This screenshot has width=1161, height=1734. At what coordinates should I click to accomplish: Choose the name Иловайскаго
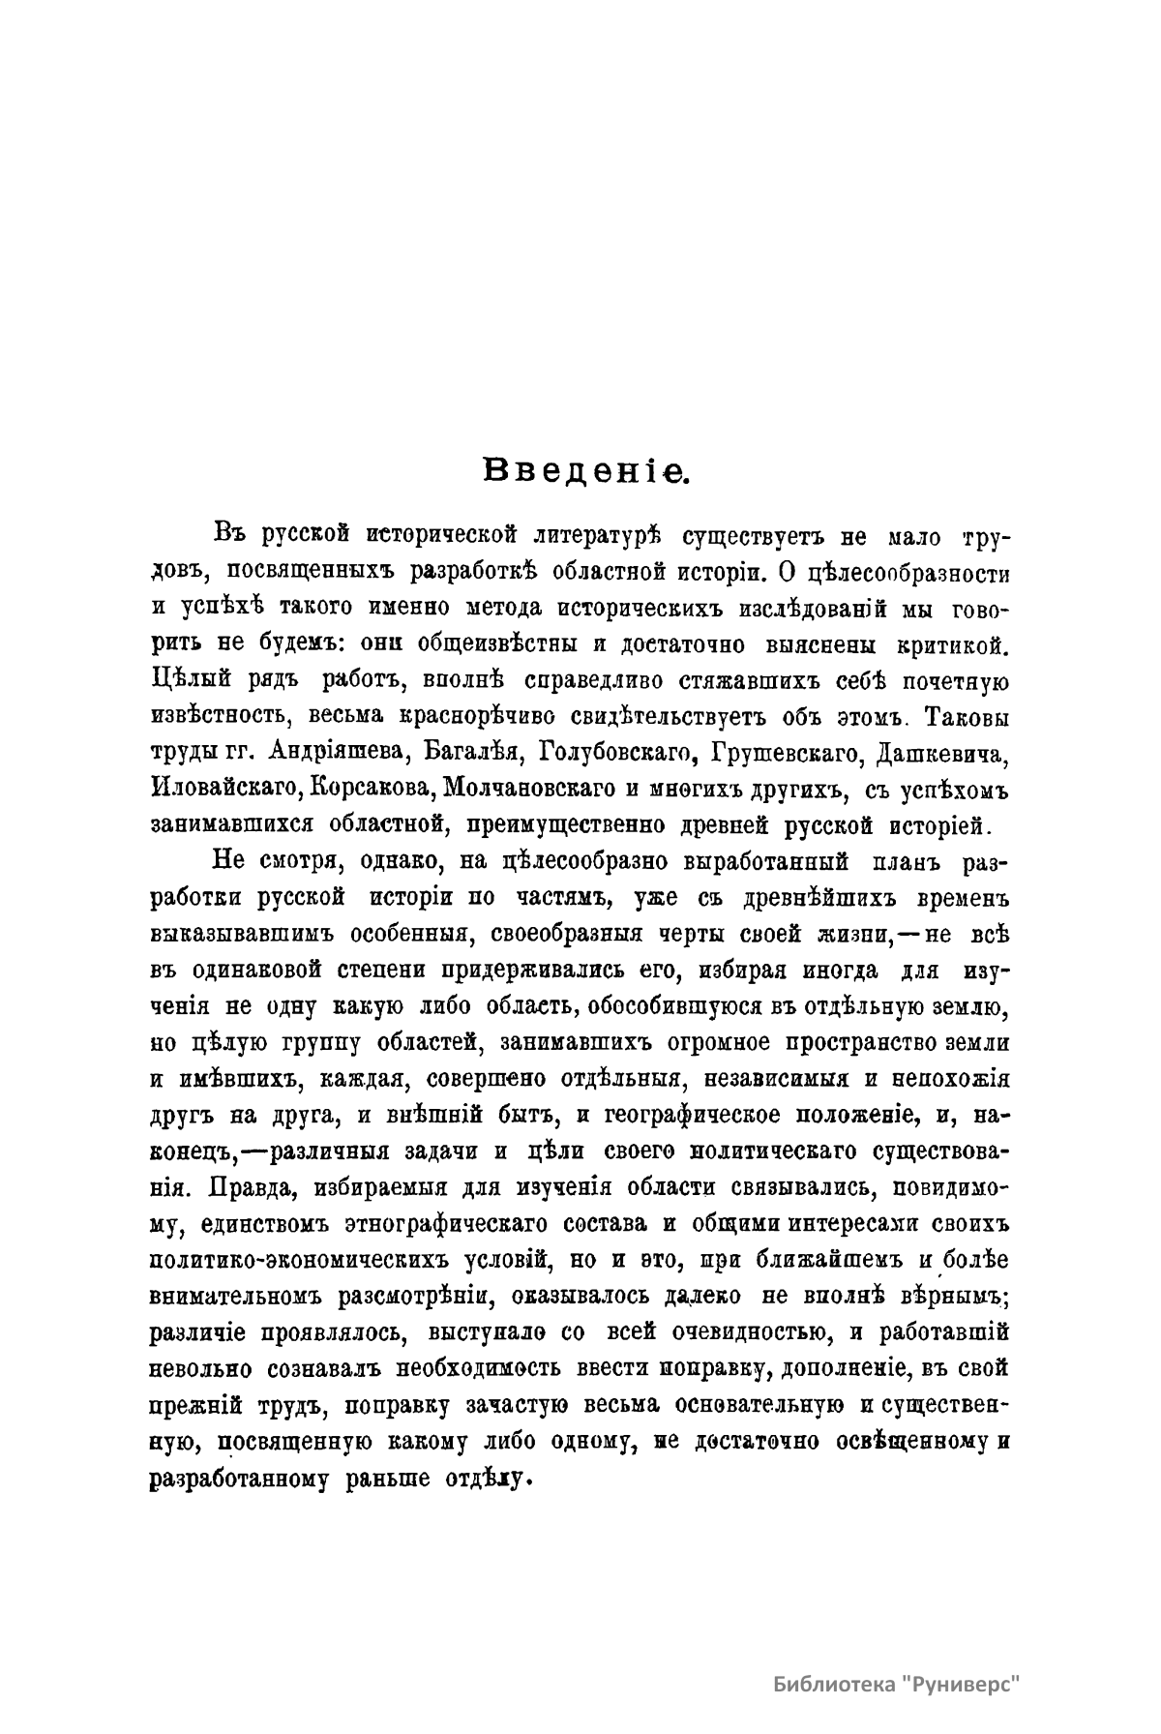224,788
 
